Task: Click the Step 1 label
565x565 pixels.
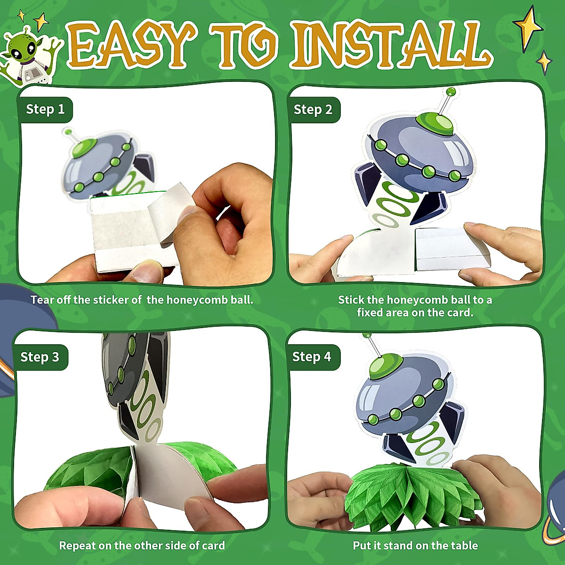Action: pos(45,110)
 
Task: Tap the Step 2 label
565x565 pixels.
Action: pos(313,110)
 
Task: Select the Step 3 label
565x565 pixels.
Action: pos(40,357)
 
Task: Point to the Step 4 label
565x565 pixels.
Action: pos(312,356)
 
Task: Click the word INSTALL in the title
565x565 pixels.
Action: pos(386,45)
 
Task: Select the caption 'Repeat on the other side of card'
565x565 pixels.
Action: pos(142,546)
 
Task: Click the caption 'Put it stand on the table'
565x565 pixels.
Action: pos(415,546)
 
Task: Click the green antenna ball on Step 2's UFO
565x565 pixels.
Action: pos(451,91)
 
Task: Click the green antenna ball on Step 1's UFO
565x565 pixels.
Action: pos(69,132)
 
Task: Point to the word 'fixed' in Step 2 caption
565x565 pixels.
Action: pos(370,313)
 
